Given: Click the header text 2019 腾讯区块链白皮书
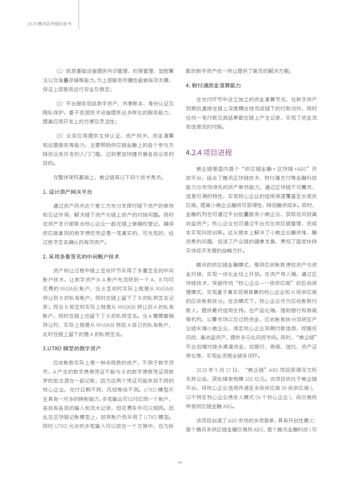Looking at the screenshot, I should coord(49,24).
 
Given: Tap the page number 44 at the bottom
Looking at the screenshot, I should coord(180,462).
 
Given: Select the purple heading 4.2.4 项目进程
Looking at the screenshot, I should coord(209,153).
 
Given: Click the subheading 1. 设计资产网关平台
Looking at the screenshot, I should coord(67,192).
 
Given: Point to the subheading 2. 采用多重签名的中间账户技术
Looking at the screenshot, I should coord(81,257).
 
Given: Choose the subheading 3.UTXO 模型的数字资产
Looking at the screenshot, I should coord(72,348).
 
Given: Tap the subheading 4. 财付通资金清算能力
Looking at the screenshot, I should coord(213,85).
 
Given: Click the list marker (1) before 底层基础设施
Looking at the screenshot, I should coord(59,71).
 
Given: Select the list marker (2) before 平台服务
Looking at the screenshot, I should coord(59,104).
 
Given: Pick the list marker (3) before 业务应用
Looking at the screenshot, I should coord(59,136).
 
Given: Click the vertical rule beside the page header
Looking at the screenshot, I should coord(79,15).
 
